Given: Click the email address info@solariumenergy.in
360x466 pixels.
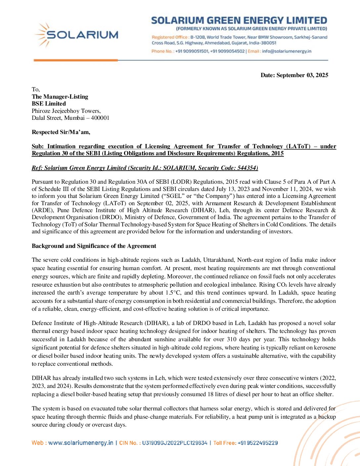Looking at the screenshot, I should point(287,51).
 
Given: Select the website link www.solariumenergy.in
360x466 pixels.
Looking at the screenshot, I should point(81,443).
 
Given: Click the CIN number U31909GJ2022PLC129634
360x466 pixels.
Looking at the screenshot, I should point(174,443).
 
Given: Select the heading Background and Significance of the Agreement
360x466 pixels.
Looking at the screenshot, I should point(94,246).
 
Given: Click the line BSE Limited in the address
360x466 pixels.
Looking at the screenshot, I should point(49,104).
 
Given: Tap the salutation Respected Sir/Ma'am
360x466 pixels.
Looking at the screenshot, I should point(61,132).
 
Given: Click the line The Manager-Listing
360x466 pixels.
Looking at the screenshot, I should point(60,97).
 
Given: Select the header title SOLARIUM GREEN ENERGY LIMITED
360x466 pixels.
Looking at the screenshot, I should point(239,21).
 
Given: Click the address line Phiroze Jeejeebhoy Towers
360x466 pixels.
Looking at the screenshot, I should point(66,111).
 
